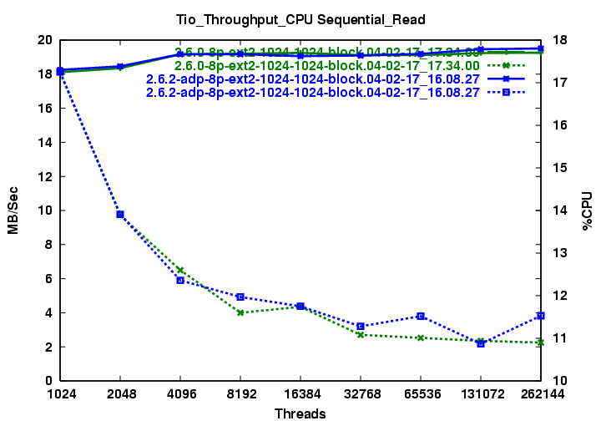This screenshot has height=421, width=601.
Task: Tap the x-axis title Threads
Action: coord(300,413)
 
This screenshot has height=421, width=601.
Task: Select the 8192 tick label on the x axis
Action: coord(240,393)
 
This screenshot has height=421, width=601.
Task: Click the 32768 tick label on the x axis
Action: coord(361,393)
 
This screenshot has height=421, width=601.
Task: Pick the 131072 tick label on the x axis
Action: coord(481,393)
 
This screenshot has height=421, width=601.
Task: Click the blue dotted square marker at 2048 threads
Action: coord(120,215)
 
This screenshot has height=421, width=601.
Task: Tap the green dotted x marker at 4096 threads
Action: coord(180,270)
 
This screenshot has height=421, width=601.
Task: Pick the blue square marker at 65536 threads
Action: coord(421,316)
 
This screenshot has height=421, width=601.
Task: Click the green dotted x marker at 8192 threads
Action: coord(240,312)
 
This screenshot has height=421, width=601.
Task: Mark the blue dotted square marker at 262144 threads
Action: coord(541,315)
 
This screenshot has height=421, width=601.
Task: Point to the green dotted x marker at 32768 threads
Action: coord(361,335)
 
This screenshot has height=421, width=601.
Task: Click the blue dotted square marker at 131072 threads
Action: coord(481,343)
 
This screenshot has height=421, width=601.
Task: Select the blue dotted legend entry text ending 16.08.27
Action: coord(312,93)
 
